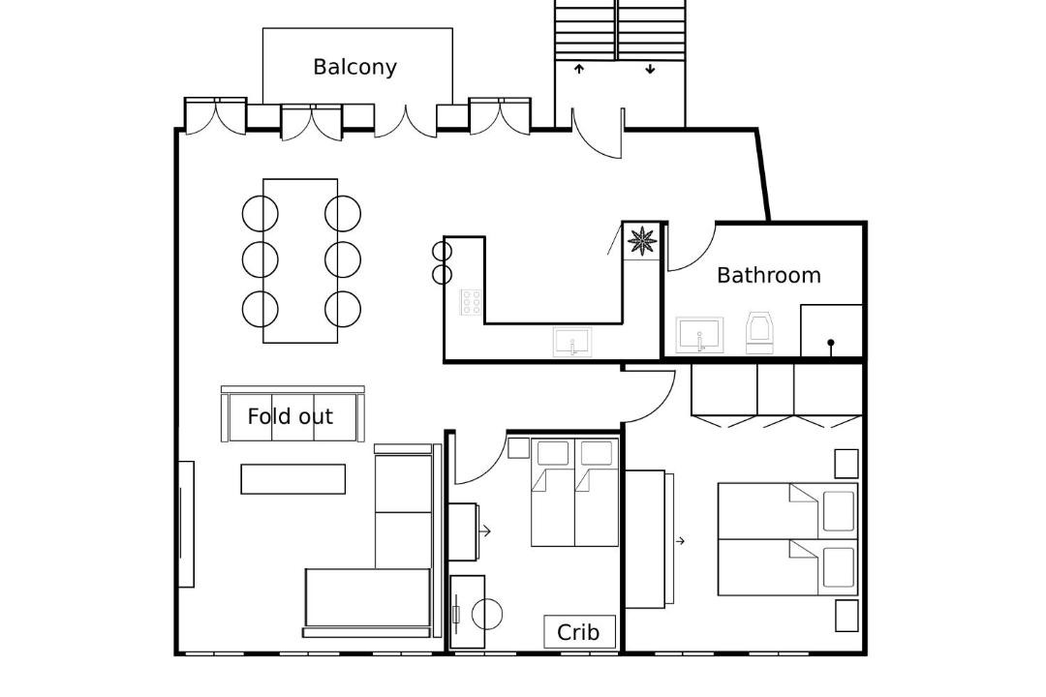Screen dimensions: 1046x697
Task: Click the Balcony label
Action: tap(354, 68)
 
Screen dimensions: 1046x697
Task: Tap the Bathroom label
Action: tap(768, 275)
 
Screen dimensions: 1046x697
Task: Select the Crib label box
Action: tap(578, 631)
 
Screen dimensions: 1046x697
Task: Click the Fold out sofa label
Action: tap(291, 416)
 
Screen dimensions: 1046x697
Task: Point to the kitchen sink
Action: tap(572, 341)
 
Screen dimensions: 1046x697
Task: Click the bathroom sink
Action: tap(700, 335)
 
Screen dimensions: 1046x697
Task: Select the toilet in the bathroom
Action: tap(760, 332)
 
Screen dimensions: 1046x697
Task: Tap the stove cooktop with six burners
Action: tap(472, 302)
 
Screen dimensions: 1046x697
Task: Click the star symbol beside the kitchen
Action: tap(642, 240)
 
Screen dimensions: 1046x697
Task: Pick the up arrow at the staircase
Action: tap(578, 68)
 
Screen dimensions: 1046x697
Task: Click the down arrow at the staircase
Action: tap(651, 68)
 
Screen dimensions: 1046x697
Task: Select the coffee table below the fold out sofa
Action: tap(292, 479)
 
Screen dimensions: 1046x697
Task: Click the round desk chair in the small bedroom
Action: tap(487, 614)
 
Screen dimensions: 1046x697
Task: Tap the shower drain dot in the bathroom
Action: tap(831, 343)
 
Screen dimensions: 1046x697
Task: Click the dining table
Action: tap(300, 260)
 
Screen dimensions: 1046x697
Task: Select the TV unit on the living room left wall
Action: tap(186, 525)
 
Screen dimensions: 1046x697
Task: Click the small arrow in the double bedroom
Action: tap(681, 541)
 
